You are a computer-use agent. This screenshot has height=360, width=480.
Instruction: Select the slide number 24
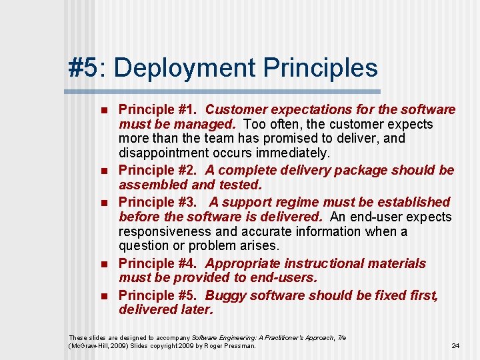pos(455,345)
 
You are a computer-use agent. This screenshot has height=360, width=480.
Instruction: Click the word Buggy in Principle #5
pos(225,295)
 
